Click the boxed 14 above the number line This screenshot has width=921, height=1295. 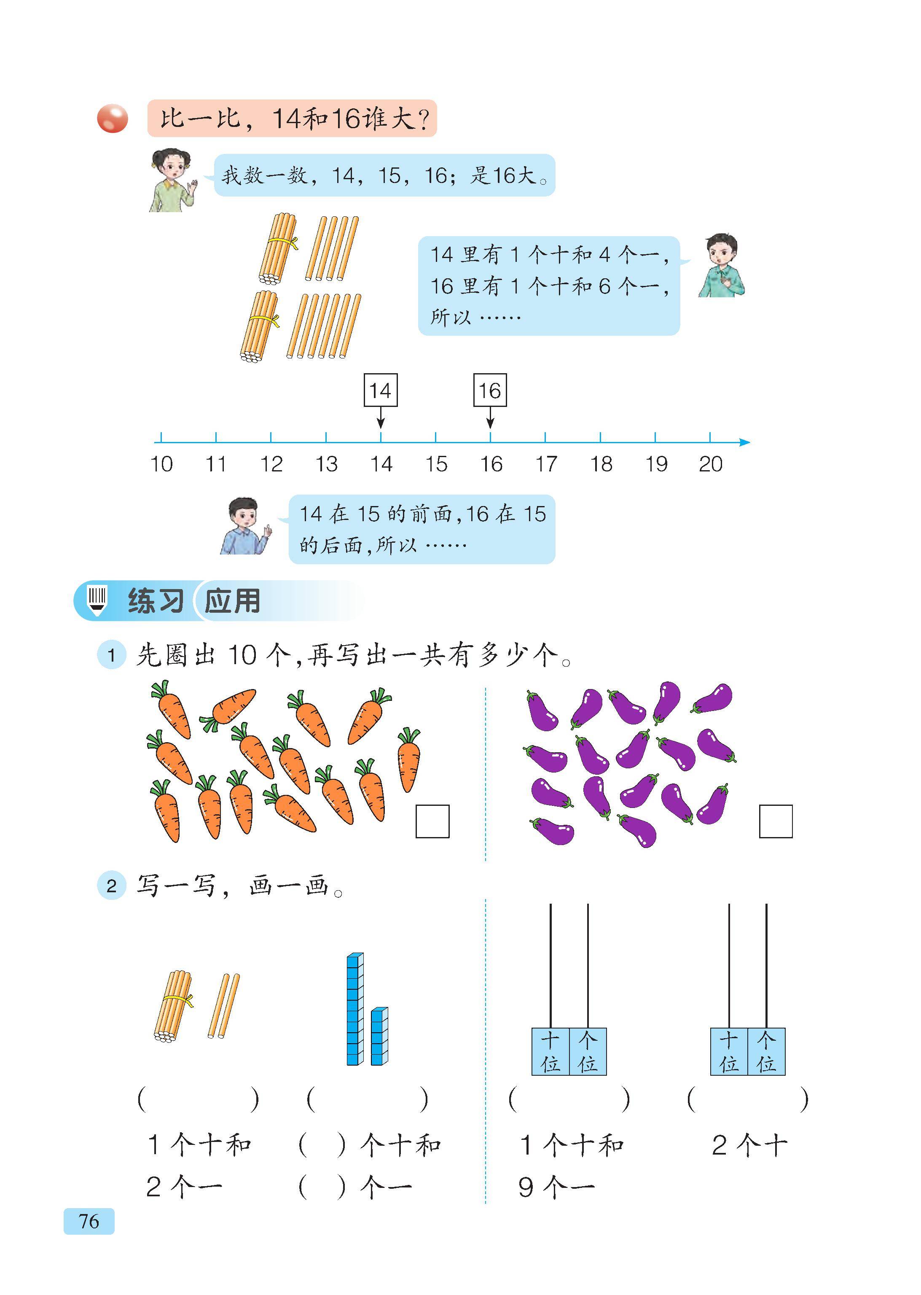pyautogui.click(x=381, y=390)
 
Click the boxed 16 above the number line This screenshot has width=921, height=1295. pyautogui.click(x=490, y=390)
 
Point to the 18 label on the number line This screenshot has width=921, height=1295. pyautogui.click(x=601, y=464)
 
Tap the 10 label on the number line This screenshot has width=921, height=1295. pyautogui.click(x=161, y=464)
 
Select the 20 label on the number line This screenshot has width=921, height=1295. pyautogui.click(x=711, y=464)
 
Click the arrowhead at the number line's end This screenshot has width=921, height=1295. pyautogui.click(x=745, y=442)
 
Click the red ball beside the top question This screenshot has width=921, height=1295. pyautogui.click(x=112, y=118)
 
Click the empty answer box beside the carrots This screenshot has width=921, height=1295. pyautogui.click(x=433, y=821)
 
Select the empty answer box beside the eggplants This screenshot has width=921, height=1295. pyautogui.click(x=776, y=821)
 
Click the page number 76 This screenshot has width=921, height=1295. pyautogui.click(x=89, y=1221)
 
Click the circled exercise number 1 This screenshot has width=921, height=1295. pyautogui.click(x=111, y=655)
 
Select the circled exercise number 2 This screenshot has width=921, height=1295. pyautogui.click(x=111, y=886)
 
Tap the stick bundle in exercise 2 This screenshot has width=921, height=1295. pyautogui.click(x=173, y=1006)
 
